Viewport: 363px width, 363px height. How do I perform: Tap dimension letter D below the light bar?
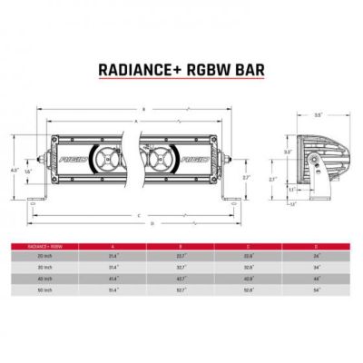pos(152,223)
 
